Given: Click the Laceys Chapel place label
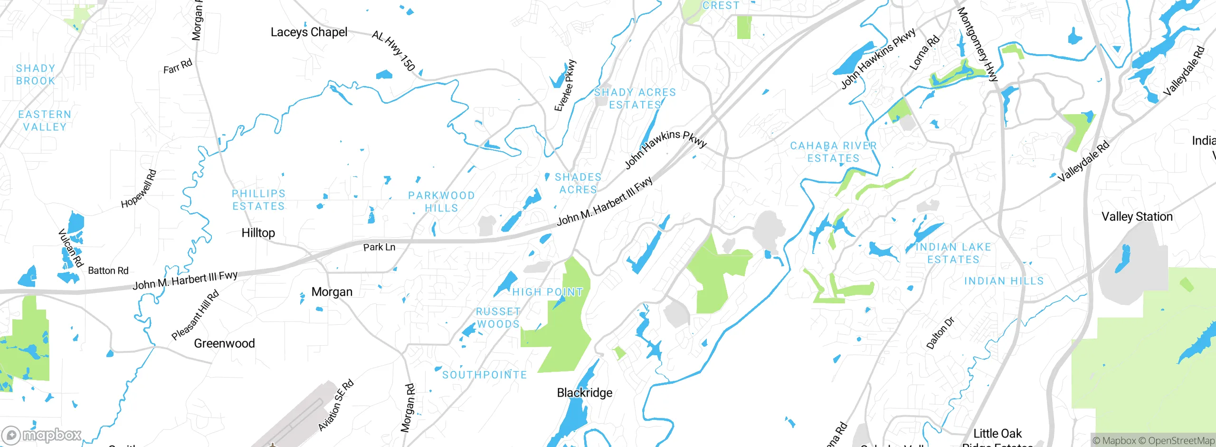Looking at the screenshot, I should pyautogui.click(x=309, y=32).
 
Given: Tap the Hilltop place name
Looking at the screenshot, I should pyautogui.click(x=258, y=233).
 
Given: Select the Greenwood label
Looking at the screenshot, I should pyautogui.click(x=224, y=343).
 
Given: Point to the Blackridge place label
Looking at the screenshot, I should pyautogui.click(x=584, y=393).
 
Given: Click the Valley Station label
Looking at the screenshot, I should pyautogui.click(x=1137, y=217).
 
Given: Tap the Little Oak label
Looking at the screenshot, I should pyautogui.click(x=997, y=434).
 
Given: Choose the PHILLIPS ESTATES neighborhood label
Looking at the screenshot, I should pyautogui.click(x=258, y=200).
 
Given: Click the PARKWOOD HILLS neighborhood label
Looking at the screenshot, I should pyautogui.click(x=441, y=202).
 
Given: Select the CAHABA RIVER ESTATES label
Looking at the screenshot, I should pyautogui.click(x=833, y=152).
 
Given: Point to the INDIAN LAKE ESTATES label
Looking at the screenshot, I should pyautogui.click(x=953, y=253).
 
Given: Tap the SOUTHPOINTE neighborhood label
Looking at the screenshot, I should pyautogui.click(x=484, y=375).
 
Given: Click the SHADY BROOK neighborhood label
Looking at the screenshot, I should pyautogui.click(x=36, y=75).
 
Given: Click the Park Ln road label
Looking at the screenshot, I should pyautogui.click(x=379, y=247).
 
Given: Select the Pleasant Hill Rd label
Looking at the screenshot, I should pyautogui.click(x=195, y=315).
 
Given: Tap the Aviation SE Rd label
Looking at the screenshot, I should pyautogui.click(x=336, y=405).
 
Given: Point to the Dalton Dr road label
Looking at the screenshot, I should pyautogui.click(x=940, y=333).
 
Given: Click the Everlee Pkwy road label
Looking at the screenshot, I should pyautogui.click(x=565, y=86).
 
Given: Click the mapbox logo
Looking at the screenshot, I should pyautogui.click(x=42, y=435).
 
